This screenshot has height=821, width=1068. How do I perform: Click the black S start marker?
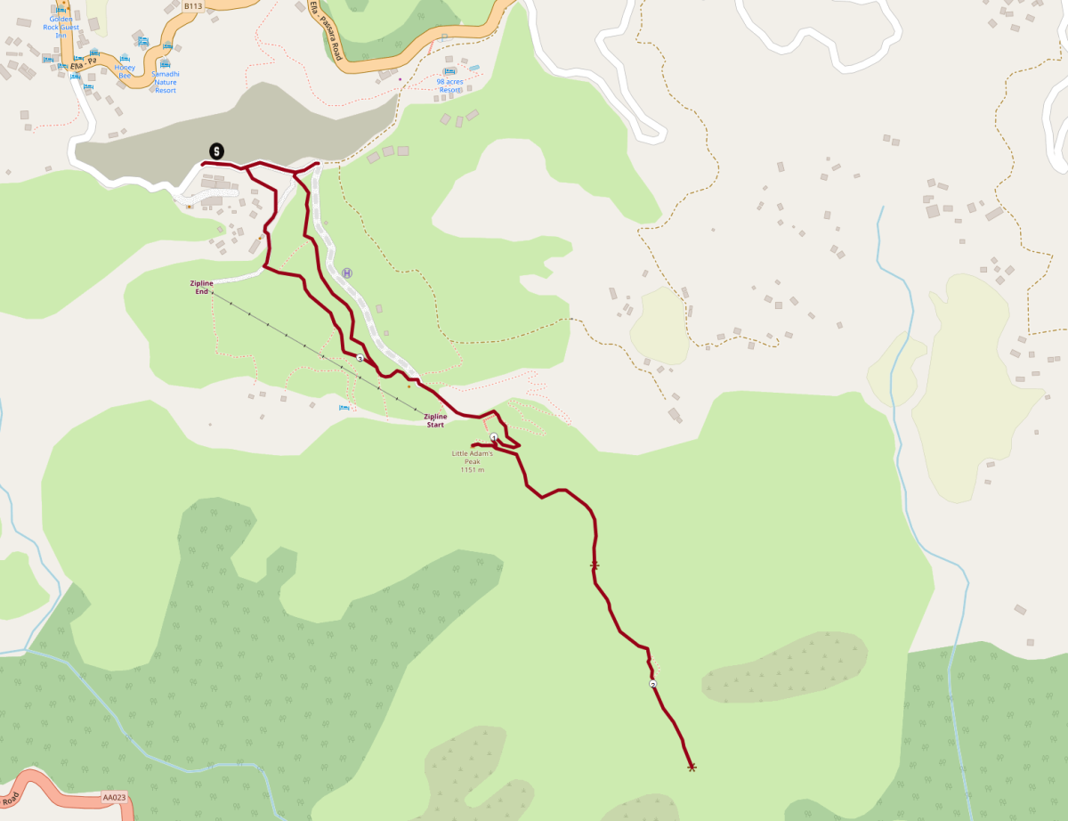[216, 150]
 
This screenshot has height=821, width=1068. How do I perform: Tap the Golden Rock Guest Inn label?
[61, 27]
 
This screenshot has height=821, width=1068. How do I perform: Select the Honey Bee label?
[124, 71]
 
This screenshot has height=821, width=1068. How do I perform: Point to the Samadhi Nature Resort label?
[165, 81]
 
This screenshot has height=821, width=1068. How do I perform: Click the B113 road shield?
[192, 5]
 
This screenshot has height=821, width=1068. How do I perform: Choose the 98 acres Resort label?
[449, 85]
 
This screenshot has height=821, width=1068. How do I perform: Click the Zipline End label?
[201, 287]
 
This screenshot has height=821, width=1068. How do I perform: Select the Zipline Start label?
[435, 419]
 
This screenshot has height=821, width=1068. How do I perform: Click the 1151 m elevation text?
[472, 469]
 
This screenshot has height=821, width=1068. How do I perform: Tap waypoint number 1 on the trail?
[494, 437]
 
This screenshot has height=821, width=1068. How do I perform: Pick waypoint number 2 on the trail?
[653, 684]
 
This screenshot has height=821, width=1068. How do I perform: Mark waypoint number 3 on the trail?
[360, 358]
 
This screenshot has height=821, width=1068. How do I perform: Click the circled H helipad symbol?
[347, 273]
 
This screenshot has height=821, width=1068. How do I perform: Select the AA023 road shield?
[112, 797]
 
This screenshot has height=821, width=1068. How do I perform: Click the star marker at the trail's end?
[692, 767]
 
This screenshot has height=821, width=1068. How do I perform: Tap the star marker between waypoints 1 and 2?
[594, 566]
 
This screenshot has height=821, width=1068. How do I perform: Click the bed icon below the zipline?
[344, 408]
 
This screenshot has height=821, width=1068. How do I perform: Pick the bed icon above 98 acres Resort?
[449, 70]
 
